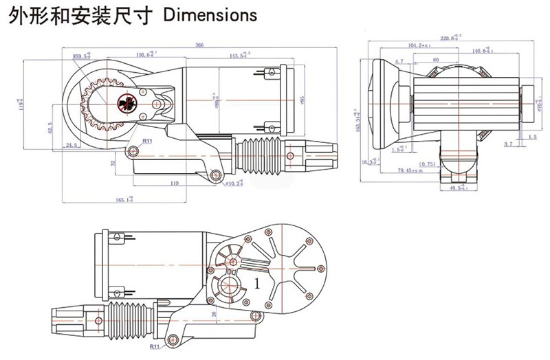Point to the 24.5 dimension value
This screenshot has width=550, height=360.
(70, 145)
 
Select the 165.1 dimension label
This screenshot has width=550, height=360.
(124, 199)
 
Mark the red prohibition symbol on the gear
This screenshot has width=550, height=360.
(126, 101)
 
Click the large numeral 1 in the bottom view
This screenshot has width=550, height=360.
(258, 282)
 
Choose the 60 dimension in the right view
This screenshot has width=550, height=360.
(436, 60)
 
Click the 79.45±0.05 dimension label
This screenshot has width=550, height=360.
(413, 170)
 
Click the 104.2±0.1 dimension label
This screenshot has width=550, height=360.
(419, 46)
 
